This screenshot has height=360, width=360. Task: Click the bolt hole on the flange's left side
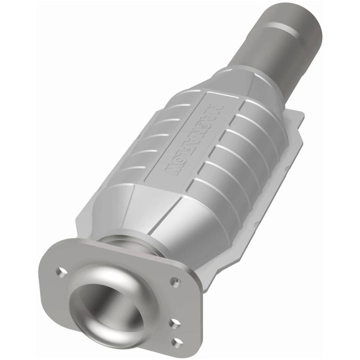(60, 271)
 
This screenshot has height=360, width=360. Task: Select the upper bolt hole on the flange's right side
(175, 282)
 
